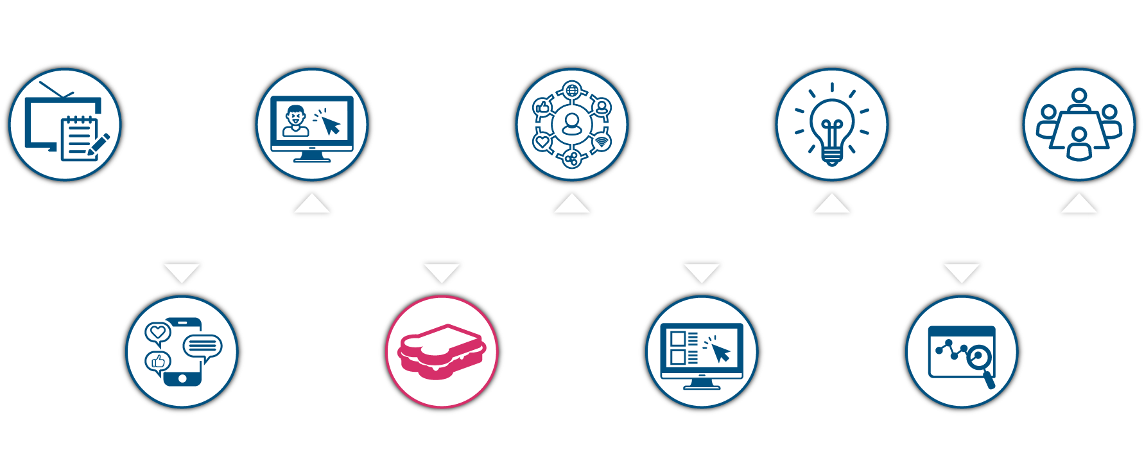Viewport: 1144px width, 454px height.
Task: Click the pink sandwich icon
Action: (x=441, y=352)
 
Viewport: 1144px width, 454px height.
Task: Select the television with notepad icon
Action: (x=64, y=124)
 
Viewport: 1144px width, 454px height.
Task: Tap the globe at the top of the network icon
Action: (x=571, y=90)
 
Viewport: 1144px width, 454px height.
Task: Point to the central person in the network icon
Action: (x=571, y=124)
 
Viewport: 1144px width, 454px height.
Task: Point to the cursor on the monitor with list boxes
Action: (x=720, y=352)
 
